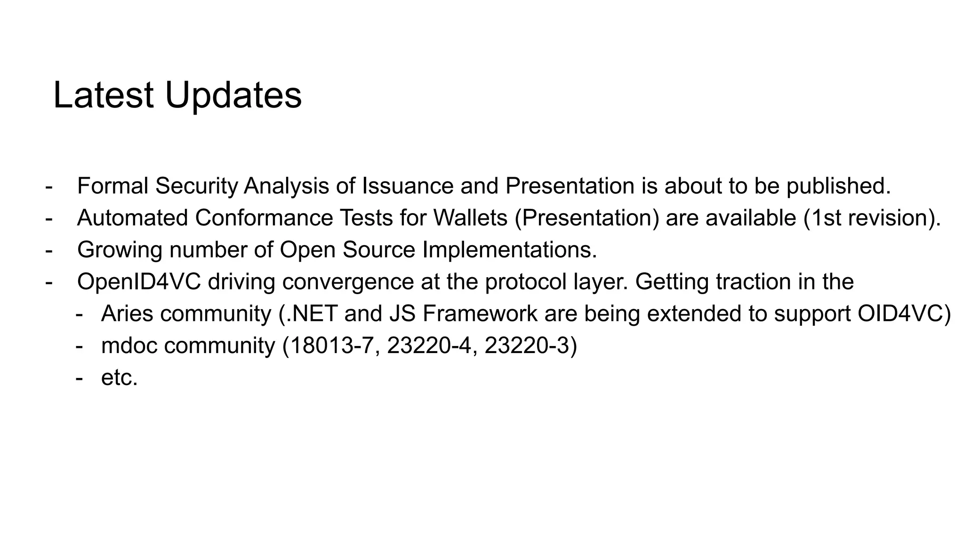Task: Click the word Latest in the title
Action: tap(103, 96)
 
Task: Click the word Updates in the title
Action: tap(233, 96)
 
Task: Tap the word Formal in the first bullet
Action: tap(112, 186)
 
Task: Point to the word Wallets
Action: tap(470, 218)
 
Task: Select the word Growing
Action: tap(120, 250)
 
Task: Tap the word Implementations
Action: tap(509, 250)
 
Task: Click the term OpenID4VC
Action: tap(139, 282)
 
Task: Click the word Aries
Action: tap(127, 314)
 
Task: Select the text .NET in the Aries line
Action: tap(312, 314)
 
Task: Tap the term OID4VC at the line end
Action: tap(900, 314)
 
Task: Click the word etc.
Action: tap(119, 378)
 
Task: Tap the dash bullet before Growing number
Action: tap(49, 250)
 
